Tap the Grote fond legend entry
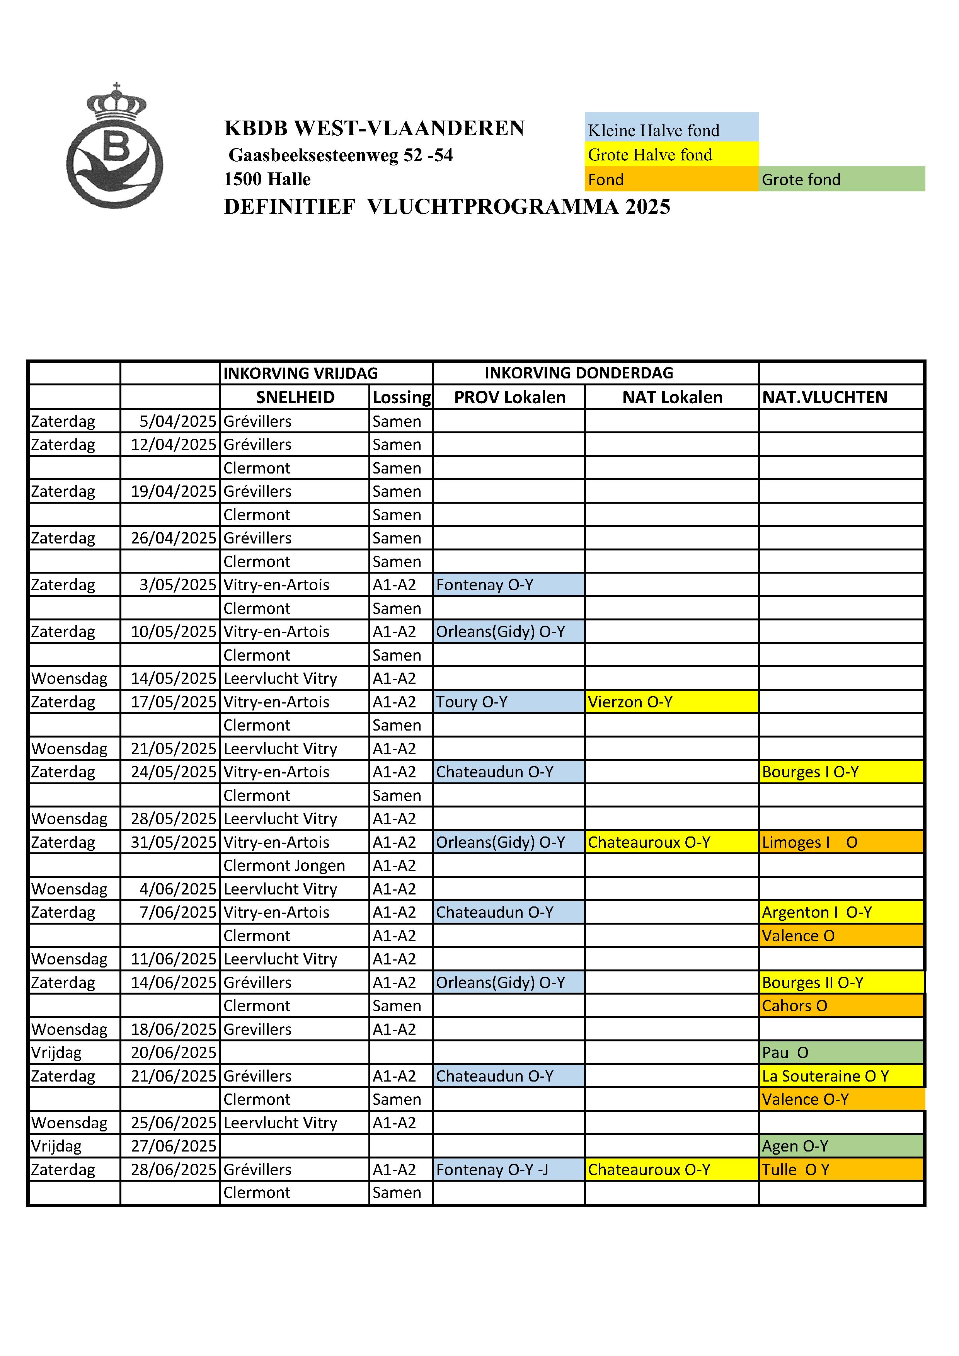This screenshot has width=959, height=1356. (841, 179)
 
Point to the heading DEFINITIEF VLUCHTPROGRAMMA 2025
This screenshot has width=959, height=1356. (447, 207)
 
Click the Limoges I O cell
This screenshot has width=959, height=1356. (840, 842)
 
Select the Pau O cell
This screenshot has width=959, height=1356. (840, 1053)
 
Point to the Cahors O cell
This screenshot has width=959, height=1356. (840, 1006)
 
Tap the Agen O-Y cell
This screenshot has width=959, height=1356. (840, 1146)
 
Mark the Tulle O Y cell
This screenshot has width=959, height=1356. (840, 1169)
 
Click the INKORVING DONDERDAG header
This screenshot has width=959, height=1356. (578, 373)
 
